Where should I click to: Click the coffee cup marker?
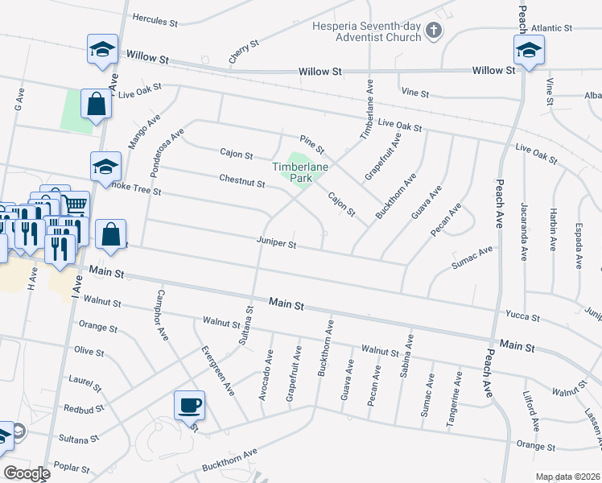(x=190, y=404)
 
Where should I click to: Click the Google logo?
(x=27, y=473)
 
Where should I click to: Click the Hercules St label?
(x=154, y=19)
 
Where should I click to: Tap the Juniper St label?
(x=277, y=243)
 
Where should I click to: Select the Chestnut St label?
(x=242, y=182)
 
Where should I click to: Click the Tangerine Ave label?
(x=457, y=398)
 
